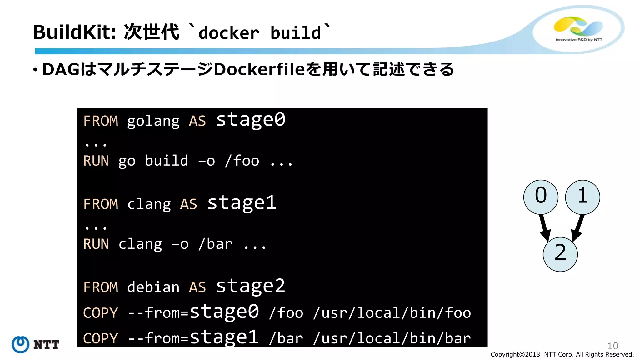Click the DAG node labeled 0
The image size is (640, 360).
click(541, 197)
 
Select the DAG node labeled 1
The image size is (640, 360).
click(582, 197)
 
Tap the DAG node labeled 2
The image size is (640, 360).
click(560, 254)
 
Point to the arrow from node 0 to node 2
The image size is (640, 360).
click(544, 228)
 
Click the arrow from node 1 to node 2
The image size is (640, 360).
click(578, 228)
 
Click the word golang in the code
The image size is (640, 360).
click(153, 121)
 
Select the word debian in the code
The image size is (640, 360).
click(153, 287)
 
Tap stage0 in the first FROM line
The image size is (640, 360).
click(251, 119)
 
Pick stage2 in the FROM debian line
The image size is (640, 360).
click(251, 286)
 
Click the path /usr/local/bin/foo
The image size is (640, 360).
click(392, 313)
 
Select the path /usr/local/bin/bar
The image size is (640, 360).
click(392, 338)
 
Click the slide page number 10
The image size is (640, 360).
click(612, 346)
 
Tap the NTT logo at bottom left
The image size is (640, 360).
click(35, 344)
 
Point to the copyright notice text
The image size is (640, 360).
click(562, 354)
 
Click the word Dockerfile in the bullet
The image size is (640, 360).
click(259, 69)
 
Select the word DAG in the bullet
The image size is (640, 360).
click(61, 69)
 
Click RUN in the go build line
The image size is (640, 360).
click(96, 161)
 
